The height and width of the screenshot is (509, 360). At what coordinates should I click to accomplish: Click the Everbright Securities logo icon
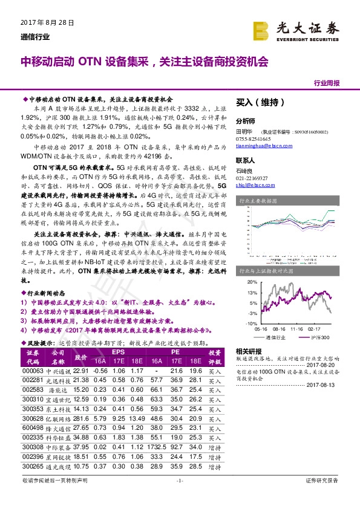[x=261, y=30]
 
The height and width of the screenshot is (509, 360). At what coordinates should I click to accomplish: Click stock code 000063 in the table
[x=33, y=371]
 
